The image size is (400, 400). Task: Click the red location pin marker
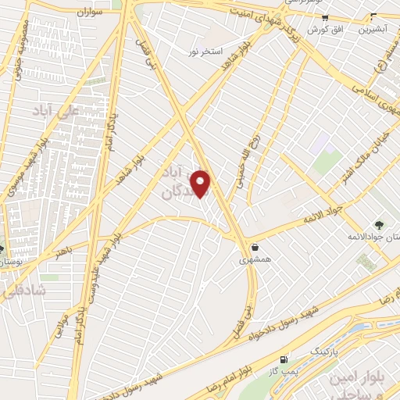[201, 184]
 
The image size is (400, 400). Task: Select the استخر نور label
[205, 52]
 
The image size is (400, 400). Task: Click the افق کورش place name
[320, 29]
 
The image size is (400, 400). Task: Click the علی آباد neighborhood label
[55, 112]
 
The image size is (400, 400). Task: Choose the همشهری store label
[255, 259]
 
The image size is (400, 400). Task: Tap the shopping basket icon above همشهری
[255, 247]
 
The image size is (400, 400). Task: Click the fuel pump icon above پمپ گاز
[283, 359]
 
